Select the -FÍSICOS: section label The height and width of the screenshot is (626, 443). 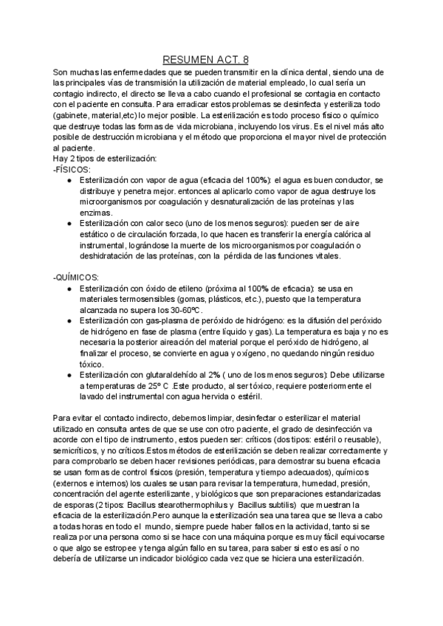tap(72, 169)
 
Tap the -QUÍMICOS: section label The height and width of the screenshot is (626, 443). tap(77, 276)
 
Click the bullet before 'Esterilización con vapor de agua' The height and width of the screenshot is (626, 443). tap(69, 180)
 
